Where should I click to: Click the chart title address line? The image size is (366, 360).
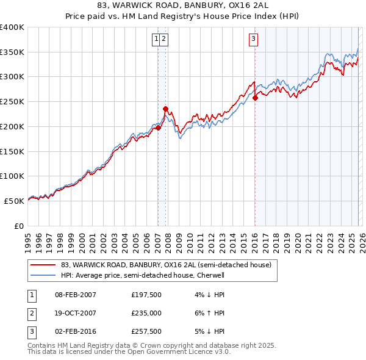pos(183,6)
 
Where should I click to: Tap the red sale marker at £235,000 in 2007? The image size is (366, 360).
pos(165,109)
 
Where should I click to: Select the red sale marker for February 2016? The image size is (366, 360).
pos(255,98)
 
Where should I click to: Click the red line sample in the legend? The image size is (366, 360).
pos(44,265)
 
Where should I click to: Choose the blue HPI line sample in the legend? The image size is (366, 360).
pos(44,275)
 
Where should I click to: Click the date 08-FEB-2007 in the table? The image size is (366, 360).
pos(76,295)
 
